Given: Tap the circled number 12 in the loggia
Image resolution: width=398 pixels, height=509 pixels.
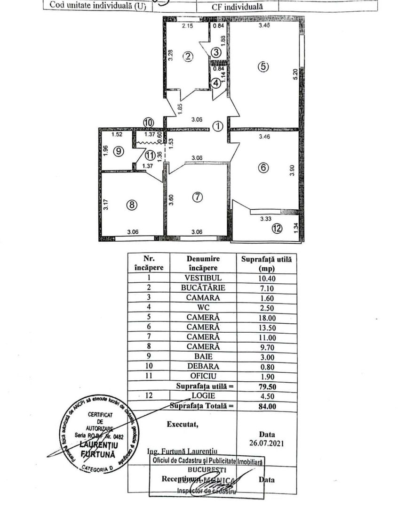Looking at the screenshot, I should click(277, 229).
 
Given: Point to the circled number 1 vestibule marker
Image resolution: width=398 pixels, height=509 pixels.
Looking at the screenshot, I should click(217, 126).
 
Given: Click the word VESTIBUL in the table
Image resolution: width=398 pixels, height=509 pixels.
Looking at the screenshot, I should click(203, 278).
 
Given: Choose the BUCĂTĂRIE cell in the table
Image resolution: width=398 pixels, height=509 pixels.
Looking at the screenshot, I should click(203, 287).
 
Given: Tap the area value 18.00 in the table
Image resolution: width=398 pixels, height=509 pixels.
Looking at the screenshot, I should click(266, 317).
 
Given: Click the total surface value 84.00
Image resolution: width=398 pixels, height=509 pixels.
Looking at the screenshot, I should click(266, 405).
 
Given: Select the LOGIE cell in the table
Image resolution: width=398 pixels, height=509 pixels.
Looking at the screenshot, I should click(203, 396).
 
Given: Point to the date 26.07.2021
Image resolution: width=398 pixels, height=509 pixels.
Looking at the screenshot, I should click(266, 443).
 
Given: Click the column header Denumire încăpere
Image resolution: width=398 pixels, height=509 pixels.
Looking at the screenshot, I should click(203, 263).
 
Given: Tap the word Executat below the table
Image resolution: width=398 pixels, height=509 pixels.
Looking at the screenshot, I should click(183, 424).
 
